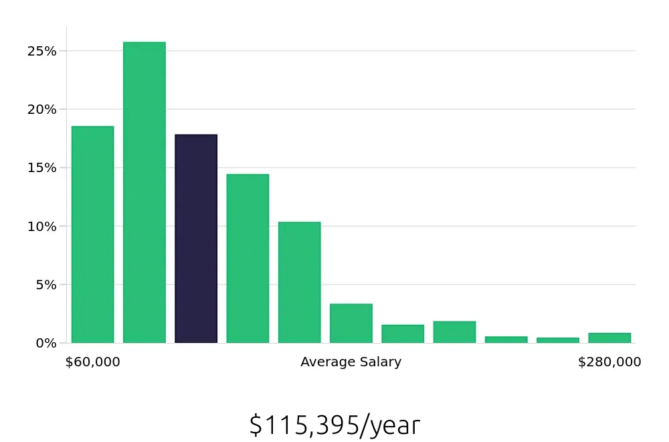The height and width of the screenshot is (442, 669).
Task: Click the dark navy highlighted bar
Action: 196,238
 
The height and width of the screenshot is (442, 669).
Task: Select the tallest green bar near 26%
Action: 145,192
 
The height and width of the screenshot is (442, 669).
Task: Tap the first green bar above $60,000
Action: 93,234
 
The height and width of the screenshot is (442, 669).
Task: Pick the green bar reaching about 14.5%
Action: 248,259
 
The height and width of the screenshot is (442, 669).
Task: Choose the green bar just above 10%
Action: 299,282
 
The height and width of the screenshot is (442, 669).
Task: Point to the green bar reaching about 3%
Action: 351,323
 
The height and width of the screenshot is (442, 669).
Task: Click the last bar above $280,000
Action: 609,338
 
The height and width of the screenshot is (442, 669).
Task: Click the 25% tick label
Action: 41,51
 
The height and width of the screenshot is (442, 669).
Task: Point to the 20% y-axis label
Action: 41,109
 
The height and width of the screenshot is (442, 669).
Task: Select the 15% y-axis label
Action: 41,167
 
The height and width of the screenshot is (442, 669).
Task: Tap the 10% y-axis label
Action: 41,226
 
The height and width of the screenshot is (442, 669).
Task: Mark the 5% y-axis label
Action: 45,284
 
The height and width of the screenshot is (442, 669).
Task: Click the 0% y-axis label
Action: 45,343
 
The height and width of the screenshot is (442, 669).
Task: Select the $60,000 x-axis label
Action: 93,362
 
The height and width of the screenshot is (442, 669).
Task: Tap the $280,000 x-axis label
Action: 609,362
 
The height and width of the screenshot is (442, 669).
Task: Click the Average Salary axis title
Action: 351,362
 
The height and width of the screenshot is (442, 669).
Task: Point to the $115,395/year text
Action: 334,425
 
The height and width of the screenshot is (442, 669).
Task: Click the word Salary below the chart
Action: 379,362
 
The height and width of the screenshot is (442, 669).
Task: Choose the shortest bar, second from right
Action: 558,340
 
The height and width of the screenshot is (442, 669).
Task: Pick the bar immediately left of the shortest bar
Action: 506,340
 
